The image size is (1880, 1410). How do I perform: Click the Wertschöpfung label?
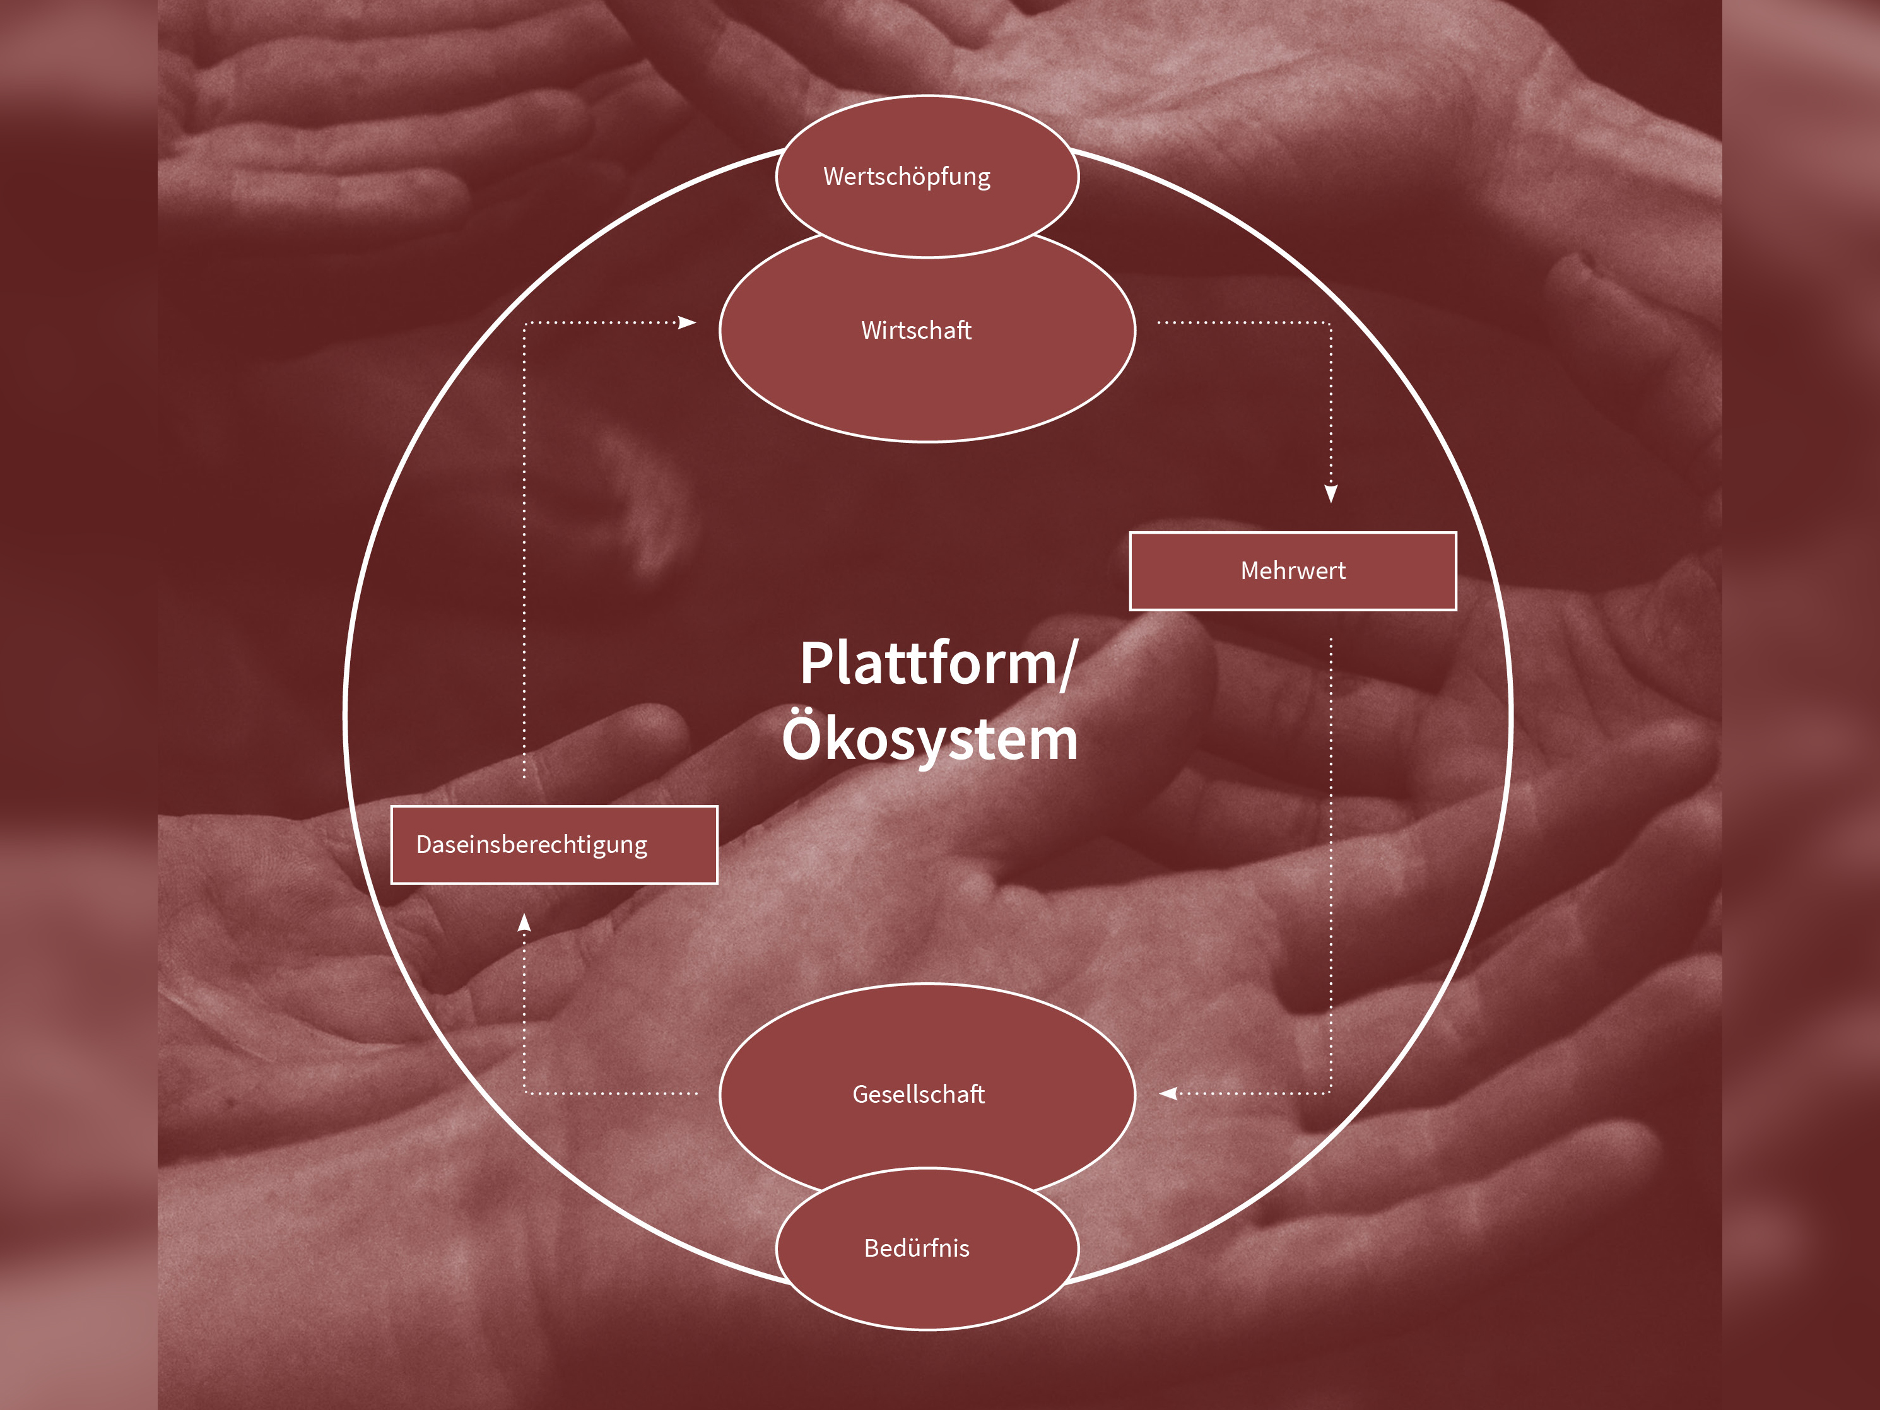pos(907,177)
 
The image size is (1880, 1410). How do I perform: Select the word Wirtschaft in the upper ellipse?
pos(916,331)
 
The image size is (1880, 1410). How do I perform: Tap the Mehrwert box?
pos(1293,571)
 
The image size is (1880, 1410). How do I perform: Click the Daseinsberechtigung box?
pos(554,845)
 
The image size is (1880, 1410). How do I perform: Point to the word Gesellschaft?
pos(919,1095)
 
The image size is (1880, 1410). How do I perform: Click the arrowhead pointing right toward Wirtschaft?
pos(688,323)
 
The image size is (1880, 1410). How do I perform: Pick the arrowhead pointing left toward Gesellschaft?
pos(1170,1094)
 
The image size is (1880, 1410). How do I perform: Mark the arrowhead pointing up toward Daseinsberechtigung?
pos(524,923)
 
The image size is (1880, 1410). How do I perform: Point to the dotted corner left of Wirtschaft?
pos(524,323)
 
